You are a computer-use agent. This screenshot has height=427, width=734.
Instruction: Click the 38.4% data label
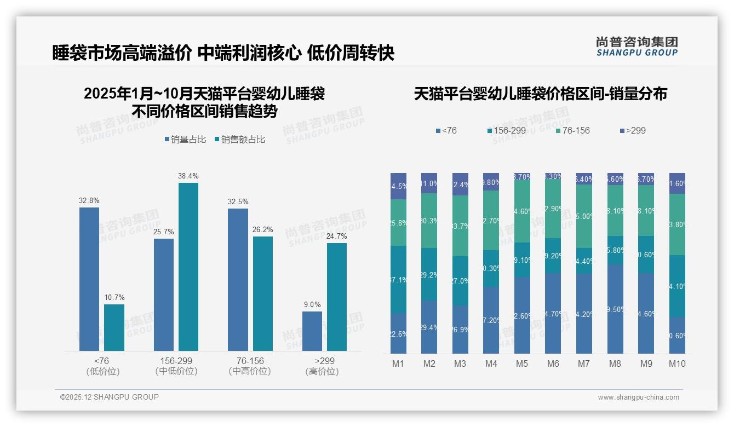coord(188,176)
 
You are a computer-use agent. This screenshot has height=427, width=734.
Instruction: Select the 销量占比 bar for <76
coord(89,279)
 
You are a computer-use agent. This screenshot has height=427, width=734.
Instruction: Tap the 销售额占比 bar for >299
coord(337,297)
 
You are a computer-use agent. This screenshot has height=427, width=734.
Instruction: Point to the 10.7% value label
coord(114,298)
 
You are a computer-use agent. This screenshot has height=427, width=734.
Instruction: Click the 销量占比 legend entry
coord(185,140)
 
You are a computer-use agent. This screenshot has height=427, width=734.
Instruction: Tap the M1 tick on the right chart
coord(398,363)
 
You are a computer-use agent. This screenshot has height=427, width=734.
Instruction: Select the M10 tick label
coord(677,363)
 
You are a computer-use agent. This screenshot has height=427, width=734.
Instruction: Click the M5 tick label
coord(522,363)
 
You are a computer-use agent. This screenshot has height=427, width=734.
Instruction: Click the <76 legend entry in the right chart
coord(446,130)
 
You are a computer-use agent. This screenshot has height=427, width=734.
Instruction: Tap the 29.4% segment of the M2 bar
coord(429,327)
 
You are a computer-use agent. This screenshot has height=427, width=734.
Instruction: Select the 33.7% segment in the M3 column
coord(460,226)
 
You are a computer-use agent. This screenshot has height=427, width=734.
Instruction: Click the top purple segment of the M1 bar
coord(398,186)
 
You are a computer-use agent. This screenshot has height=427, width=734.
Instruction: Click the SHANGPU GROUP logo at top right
coord(636,47)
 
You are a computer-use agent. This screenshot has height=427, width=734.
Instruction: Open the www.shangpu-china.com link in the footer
coord(638,397)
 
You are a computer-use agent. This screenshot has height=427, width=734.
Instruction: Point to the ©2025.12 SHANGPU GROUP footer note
coord(110,397)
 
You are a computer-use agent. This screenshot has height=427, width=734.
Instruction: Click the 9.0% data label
coord(312,305)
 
